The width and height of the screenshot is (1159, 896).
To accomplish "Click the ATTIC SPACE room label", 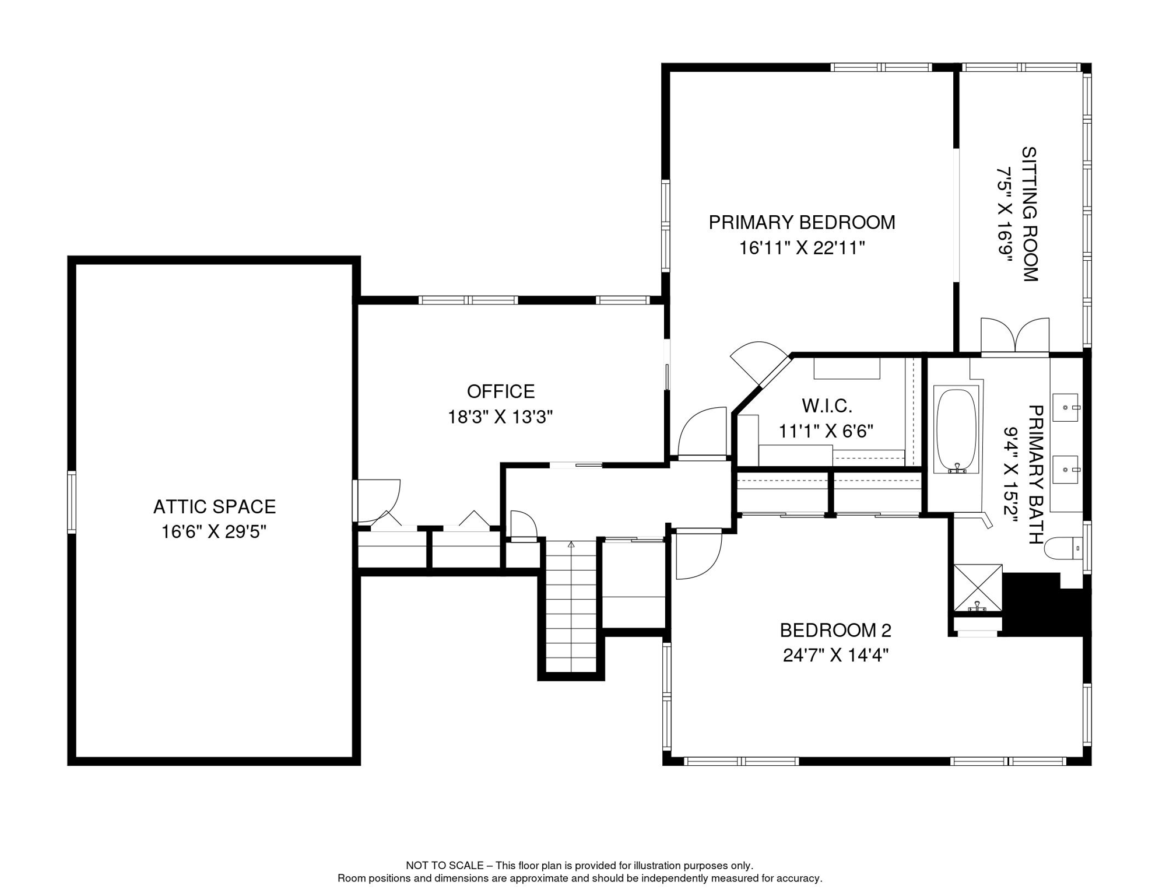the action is (x=215, y=506).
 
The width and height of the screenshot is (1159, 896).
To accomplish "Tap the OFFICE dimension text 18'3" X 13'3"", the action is (x=500, y=417).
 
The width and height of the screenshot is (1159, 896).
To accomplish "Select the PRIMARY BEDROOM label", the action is (x=802, y=222).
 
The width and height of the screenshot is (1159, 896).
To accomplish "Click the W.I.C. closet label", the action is (x=827, y=405).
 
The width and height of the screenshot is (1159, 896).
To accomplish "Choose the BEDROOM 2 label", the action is (x=835, y=630).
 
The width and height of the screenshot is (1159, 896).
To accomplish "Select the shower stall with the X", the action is (x=978, y=588).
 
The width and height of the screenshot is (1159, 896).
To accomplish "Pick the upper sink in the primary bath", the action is (x=1066, y=407).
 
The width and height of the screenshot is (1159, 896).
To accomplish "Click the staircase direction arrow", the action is (x=571, y=545).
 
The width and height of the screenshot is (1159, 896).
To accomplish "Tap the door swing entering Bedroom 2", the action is (x=698, y=554).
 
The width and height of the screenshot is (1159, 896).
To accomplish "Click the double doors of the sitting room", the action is (x=1015, y=335).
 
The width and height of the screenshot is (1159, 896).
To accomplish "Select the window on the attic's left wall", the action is (x=72, y=502).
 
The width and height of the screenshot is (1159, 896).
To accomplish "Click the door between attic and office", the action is (x=377, y=501).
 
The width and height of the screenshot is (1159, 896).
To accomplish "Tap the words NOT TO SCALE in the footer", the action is (x=444, y=866).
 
